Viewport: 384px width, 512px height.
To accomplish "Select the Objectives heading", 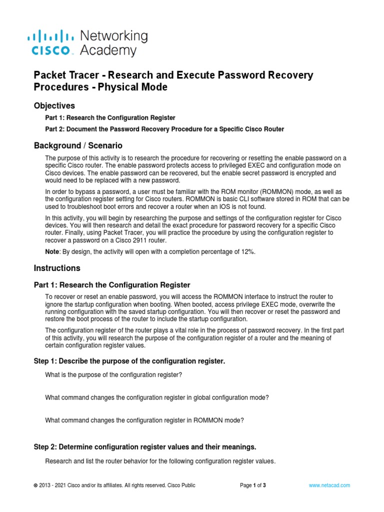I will [x=54, y=106].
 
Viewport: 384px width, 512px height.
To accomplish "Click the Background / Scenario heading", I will [x=77, y=145].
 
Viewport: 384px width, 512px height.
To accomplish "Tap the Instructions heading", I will [x=56, y=268].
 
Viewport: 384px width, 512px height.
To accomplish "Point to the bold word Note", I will [x=53, y=252].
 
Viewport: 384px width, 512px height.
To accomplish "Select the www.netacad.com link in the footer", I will [x=329, y=485].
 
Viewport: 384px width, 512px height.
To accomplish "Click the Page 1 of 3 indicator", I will [x=253, y=485].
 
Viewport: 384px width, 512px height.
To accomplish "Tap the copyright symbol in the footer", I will [x=35, y=485].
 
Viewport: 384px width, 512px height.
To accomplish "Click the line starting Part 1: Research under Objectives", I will [x=110, y=118].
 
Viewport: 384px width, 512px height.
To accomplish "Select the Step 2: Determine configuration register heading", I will [x=145, y=446].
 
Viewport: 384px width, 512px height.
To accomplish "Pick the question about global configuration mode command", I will [x=157, y=397].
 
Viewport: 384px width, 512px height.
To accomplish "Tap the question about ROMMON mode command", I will [x=144, y=420].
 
